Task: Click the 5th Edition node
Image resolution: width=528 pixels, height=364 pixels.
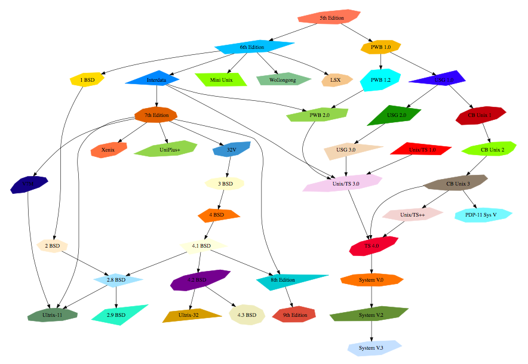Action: coord(331,18)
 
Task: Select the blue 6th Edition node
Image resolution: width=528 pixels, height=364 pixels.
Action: coord(252,47)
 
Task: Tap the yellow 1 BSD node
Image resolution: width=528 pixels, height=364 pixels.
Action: coord(87,79)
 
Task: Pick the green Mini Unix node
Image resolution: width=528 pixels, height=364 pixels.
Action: coord(221,79)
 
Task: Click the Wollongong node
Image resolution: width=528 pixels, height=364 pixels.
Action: coord(283,79)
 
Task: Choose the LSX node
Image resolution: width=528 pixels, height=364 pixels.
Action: coord(336,79)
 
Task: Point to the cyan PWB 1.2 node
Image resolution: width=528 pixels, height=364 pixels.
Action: coord(380,79)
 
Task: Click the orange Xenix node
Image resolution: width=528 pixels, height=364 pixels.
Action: coord(108,150)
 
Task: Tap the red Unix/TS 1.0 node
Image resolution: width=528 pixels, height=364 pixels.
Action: coord(422,149)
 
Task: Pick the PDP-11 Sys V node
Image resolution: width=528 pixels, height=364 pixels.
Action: coord(484,214)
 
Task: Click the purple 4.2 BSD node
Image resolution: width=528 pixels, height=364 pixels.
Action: coord(197,280)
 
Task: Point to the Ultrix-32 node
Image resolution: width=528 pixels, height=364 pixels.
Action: coord(192,314)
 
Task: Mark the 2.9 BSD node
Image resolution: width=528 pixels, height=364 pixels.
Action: coord(116,314)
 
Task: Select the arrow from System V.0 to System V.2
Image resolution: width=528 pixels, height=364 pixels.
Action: coord(372,297)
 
